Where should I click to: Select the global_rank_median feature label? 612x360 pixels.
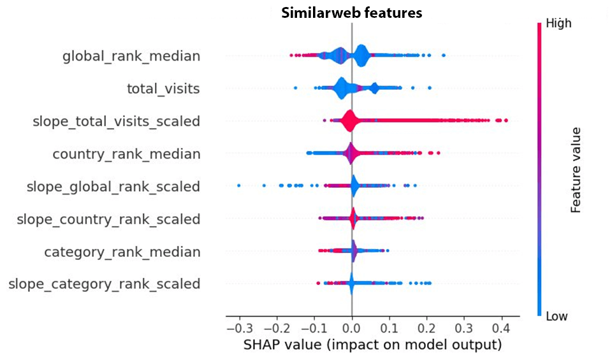pos(131,57)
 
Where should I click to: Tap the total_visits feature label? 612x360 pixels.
pos(163,89)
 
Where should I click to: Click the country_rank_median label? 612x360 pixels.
pos(126,154)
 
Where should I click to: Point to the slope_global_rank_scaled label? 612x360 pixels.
pos(113,187)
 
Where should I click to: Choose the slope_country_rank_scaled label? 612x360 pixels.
pos(108,219)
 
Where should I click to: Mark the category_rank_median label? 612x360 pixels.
pos(122,252)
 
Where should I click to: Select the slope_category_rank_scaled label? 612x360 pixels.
pos(105,284)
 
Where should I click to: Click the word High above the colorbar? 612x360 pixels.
pos(558,24)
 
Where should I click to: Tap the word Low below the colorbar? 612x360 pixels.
pos(557,317)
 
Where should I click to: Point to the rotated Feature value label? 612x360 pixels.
pos(576,169)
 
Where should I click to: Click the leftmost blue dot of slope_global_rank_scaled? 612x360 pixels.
pos(239,185)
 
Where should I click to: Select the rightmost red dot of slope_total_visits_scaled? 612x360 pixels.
pos(506,120)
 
